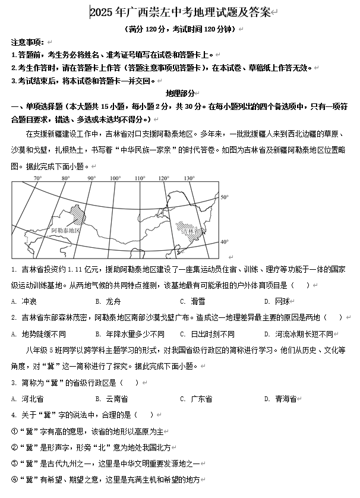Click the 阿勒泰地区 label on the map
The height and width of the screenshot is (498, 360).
point(65,229)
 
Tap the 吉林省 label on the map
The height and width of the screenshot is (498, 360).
point(190,229)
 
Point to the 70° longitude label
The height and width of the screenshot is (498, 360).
point(37,178)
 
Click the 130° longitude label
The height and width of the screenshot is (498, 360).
point(189,178)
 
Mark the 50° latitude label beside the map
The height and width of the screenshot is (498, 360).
point(224,197)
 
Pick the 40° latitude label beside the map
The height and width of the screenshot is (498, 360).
point(224,242)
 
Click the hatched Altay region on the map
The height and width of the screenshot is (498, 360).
point(76,215)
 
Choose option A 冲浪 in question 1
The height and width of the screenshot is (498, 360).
point(29,301)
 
